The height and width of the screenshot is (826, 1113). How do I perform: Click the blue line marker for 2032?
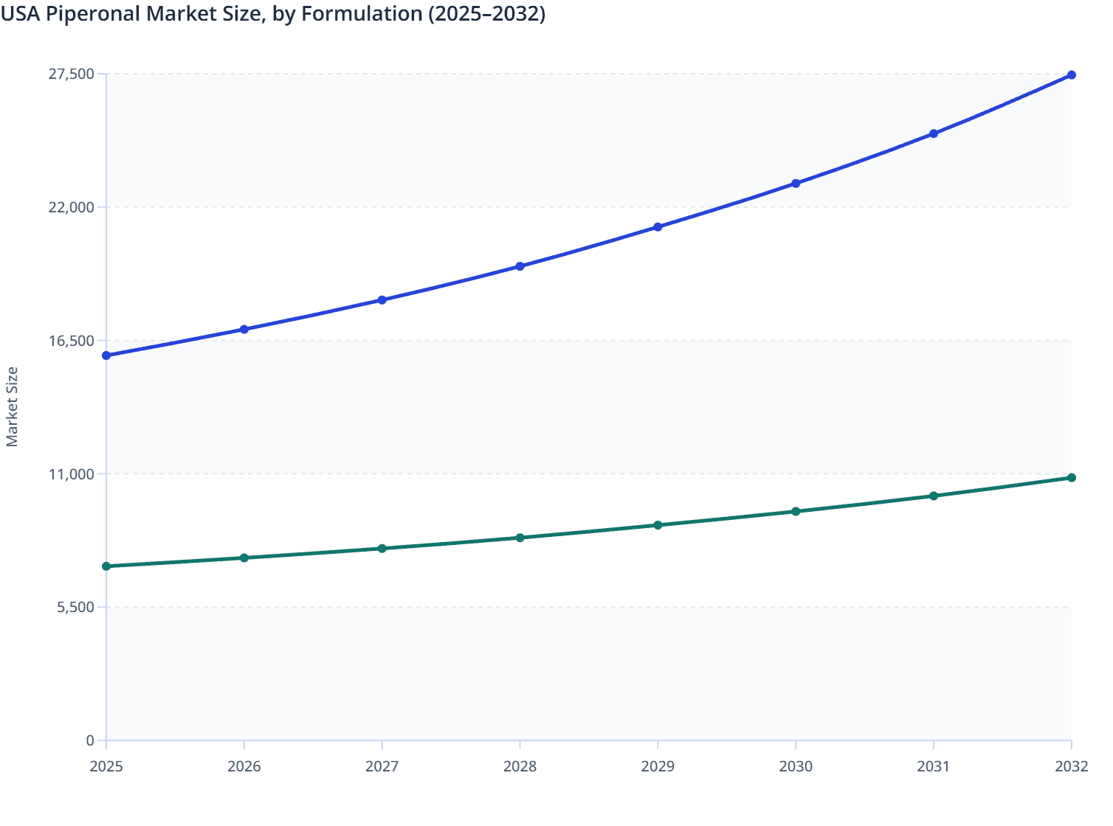[1071, 75]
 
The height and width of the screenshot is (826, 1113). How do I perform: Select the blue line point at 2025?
[106, 355]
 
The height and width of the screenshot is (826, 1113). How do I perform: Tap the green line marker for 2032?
[1071, 478]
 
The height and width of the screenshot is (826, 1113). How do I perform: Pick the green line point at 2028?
[520, 538]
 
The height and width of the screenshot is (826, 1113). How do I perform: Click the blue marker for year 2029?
[658, 227]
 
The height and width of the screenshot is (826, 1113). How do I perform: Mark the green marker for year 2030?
[796, 511]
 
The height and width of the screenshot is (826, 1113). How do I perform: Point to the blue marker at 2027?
[382, 300]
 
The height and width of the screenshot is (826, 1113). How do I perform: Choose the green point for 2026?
[244, 558]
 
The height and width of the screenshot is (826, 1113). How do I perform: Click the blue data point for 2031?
[934, 133]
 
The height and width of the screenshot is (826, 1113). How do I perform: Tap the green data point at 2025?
[106, 566]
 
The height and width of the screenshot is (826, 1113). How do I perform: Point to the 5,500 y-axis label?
[76, 607]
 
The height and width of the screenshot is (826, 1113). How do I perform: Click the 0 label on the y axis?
[90, 740]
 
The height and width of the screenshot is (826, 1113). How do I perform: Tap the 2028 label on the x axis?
[520, 767]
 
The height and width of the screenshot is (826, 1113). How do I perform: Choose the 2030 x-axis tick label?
[796, 767]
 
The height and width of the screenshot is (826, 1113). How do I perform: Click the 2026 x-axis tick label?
[244, 767]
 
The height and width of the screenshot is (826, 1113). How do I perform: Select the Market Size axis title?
[13, 406]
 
